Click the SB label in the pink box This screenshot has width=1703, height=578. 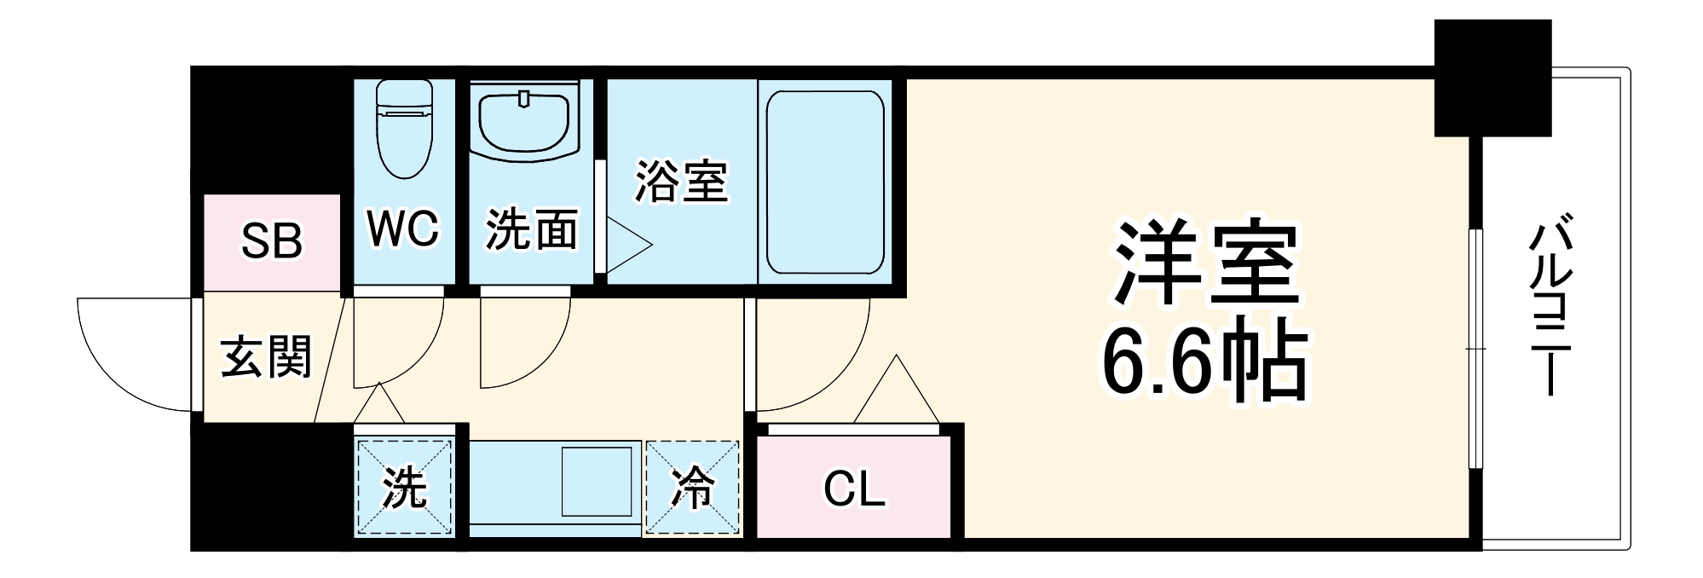click(271, 241)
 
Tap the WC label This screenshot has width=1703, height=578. click(402, 228)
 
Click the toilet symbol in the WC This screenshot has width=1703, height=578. click(404, 128)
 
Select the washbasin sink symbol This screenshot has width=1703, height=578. click(524, 124)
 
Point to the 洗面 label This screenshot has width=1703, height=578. click(531, 230)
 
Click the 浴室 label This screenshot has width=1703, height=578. click(681, 181)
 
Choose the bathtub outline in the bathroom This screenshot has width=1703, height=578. click(825, 182)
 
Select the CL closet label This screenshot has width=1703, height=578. click(854, 489)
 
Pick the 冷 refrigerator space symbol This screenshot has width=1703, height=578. click(692, 488)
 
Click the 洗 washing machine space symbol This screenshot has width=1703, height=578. click(404, 488)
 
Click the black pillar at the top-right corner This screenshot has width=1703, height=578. click(1492, 78)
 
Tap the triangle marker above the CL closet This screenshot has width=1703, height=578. click(897, 392)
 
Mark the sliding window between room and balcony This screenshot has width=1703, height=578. click(1475, 348)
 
